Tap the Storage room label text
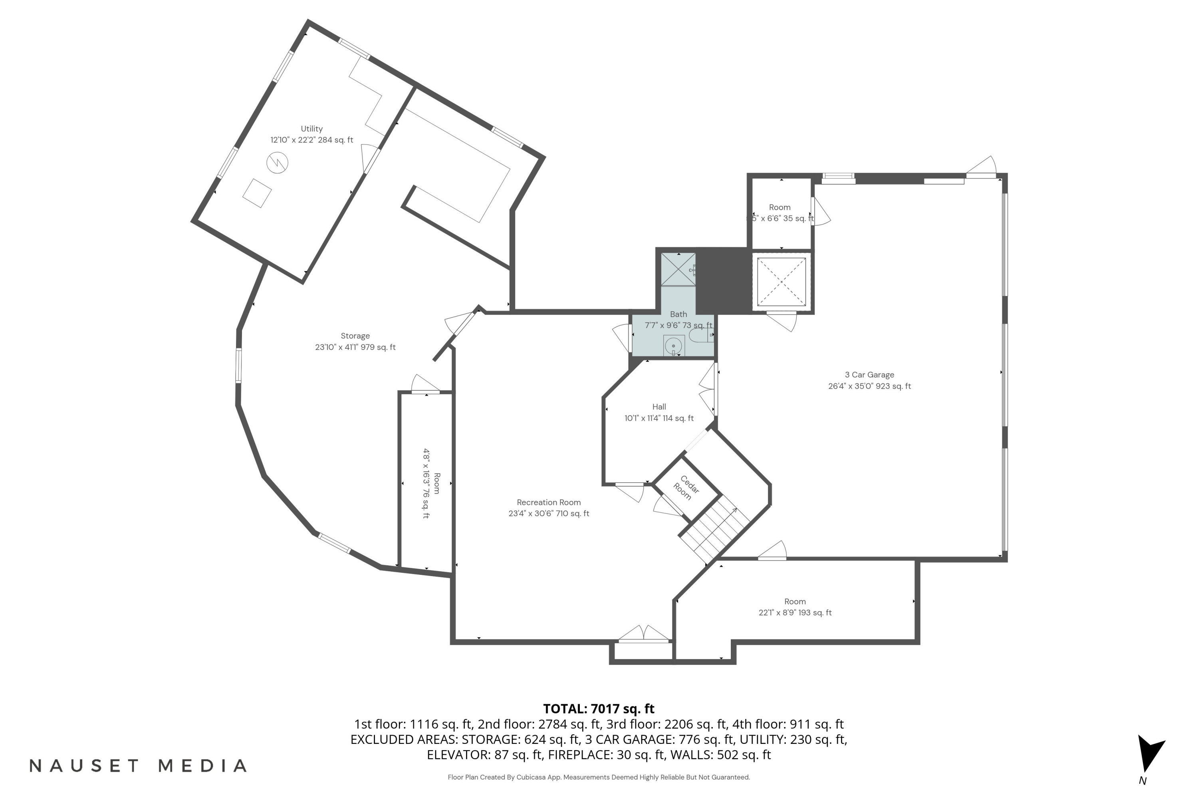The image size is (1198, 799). [355, 336]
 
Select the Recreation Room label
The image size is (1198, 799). [549, 503]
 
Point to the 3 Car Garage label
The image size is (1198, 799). [869, 375]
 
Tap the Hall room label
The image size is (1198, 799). [659, 407]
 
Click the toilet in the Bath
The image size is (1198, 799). [700, 335]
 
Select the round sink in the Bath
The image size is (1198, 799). [673, 346]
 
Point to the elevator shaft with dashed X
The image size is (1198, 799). [781, 282]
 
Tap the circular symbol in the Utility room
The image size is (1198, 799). [277, 163]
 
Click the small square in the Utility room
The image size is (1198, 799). [257, 193]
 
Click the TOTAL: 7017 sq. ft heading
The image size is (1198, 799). [599, 709]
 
